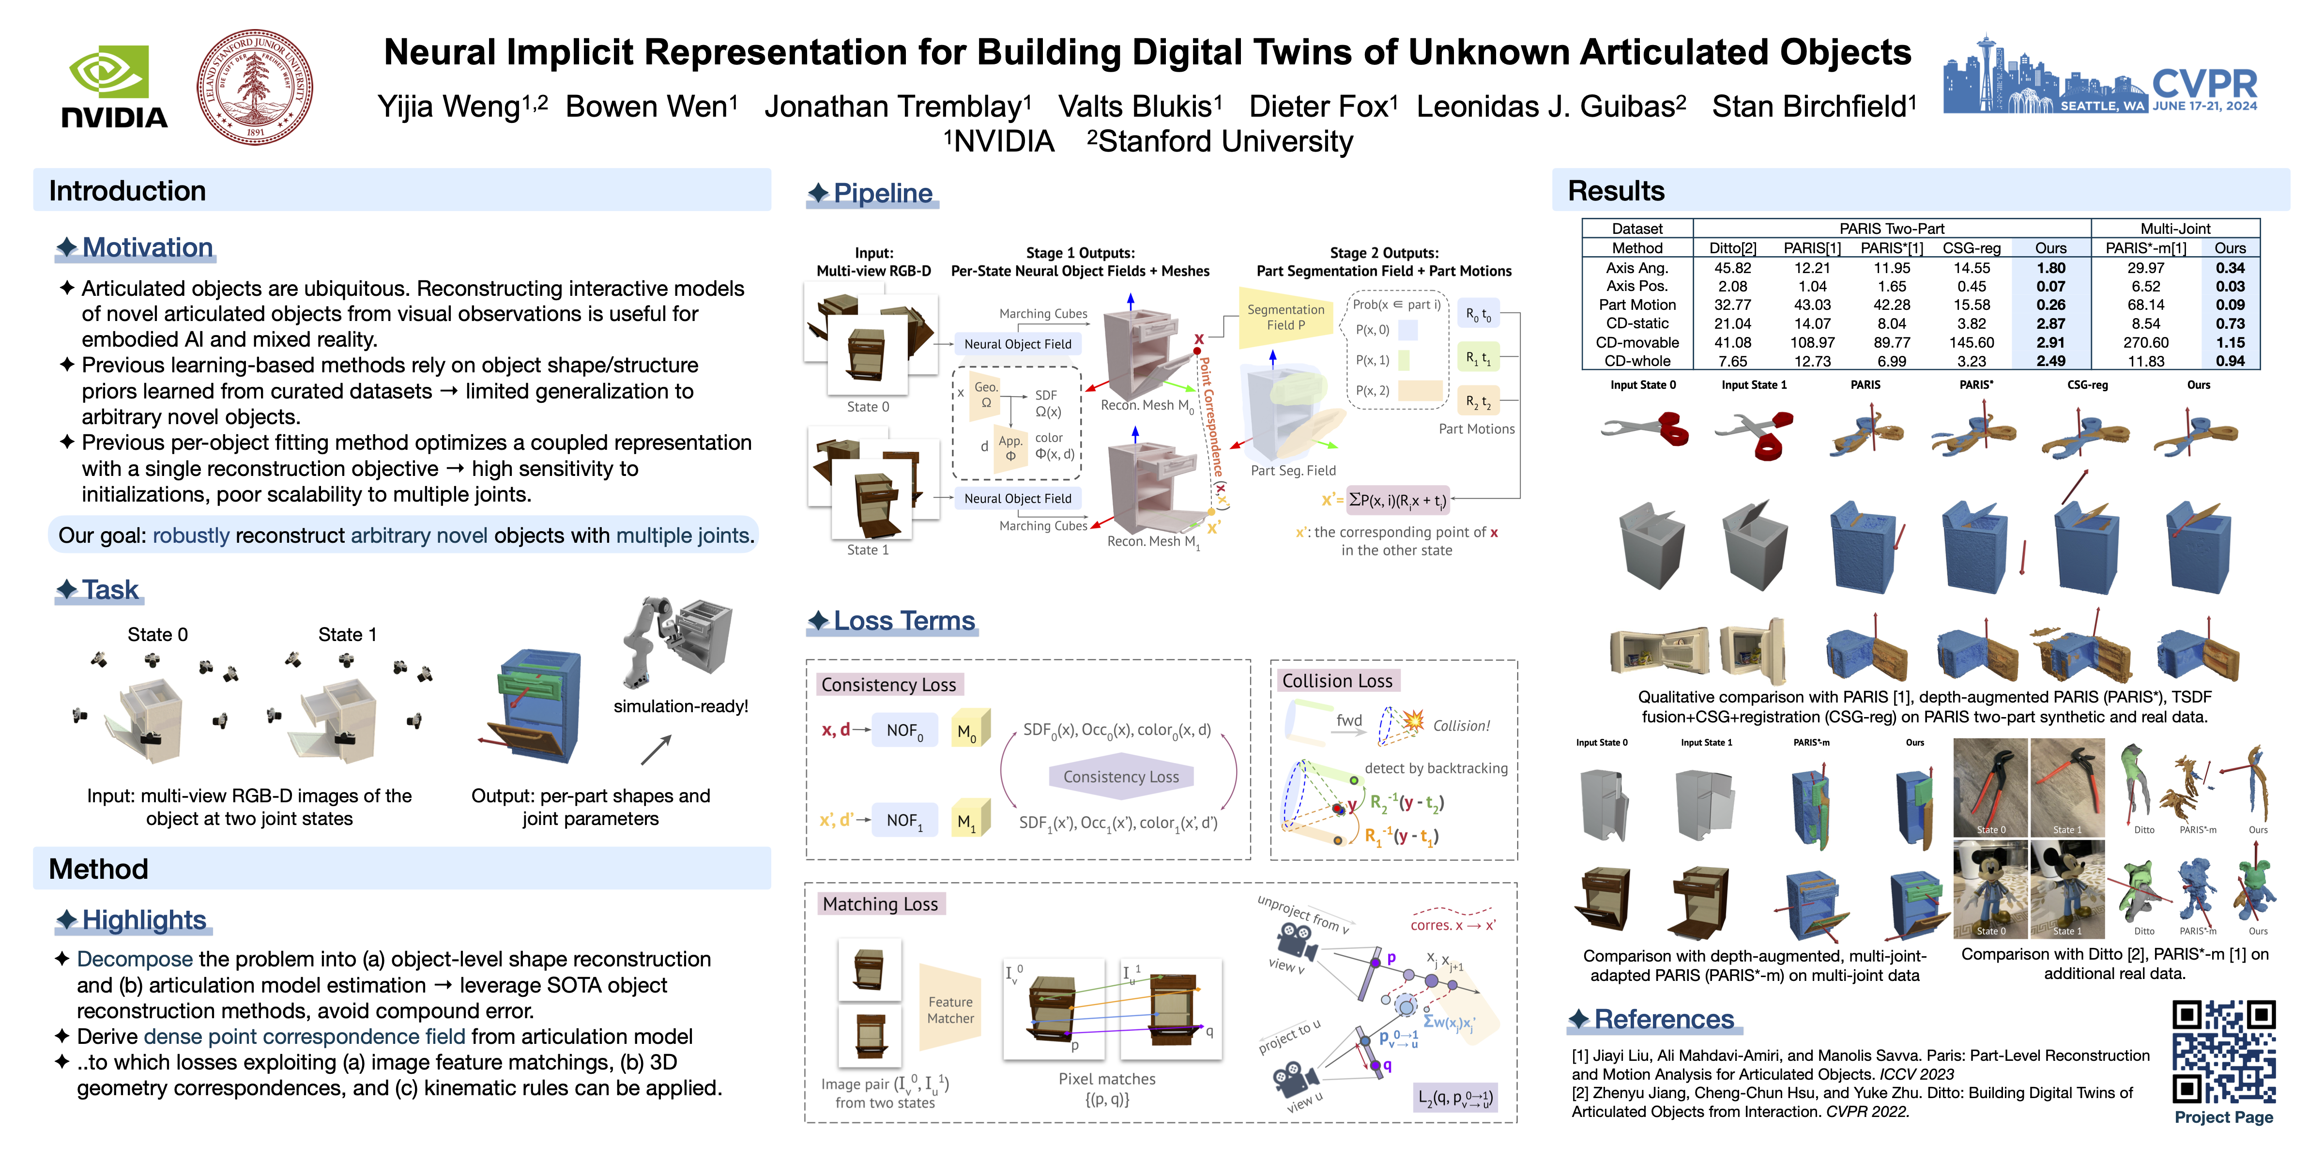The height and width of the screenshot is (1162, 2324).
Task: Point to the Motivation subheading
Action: pos(147,247)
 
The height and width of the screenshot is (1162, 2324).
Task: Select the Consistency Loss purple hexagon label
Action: pos(1120,777)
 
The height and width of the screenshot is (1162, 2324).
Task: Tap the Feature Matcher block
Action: pos(950,1009)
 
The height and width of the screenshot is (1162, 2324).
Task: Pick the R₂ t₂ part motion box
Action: pos(1478,401)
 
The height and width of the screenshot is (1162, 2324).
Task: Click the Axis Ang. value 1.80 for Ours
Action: pos(2050,268)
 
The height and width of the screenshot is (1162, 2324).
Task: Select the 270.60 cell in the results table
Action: pos(2145,343)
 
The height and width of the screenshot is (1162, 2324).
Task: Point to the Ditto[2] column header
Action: pos(1732,248)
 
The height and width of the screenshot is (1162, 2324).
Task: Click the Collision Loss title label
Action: pos(1337,681)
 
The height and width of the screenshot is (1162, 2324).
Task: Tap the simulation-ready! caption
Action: pos(680,706)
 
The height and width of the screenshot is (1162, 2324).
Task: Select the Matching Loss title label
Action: pos(880,904)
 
